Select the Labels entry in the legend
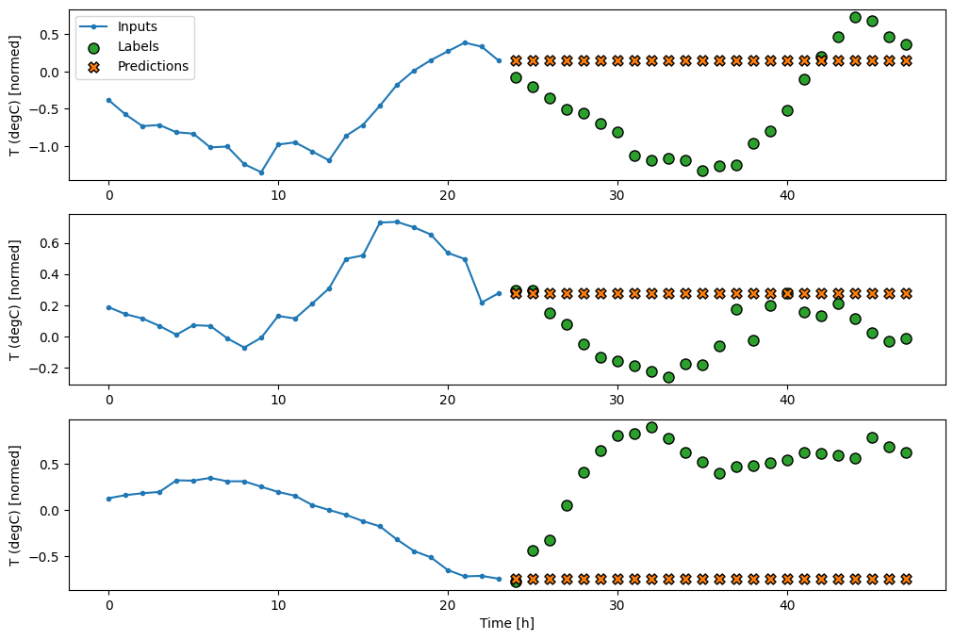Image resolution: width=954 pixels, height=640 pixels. click(x=139, y=47)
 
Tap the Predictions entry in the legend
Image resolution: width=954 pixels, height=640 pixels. click(x=153, y=66)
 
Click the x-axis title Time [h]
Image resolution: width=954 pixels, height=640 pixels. click(x=508, y=623)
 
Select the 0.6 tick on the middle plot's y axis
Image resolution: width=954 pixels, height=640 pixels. click(x=49, y=243)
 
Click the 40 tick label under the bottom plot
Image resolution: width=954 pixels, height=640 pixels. click(x=787, y=606)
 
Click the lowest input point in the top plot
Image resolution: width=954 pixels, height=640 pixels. click(x=261, y=172)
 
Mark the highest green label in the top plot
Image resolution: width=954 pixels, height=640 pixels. click(x=855, y=17)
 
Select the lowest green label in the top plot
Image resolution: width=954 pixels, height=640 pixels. click(x=702, y=171)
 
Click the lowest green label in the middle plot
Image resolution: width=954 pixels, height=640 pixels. click(x=668, y=377)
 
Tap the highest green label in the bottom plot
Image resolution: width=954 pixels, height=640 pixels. click(x=651, y=427)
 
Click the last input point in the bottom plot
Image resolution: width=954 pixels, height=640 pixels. click(x=499, y=579)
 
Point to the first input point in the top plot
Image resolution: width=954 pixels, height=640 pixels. click(x=108, y=100)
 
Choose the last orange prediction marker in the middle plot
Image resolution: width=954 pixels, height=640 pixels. click(x=906, y=293)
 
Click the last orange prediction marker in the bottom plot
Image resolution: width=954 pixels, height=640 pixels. click(x=906, y=579)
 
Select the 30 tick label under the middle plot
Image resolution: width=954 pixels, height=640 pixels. click(x=617, y=401)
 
